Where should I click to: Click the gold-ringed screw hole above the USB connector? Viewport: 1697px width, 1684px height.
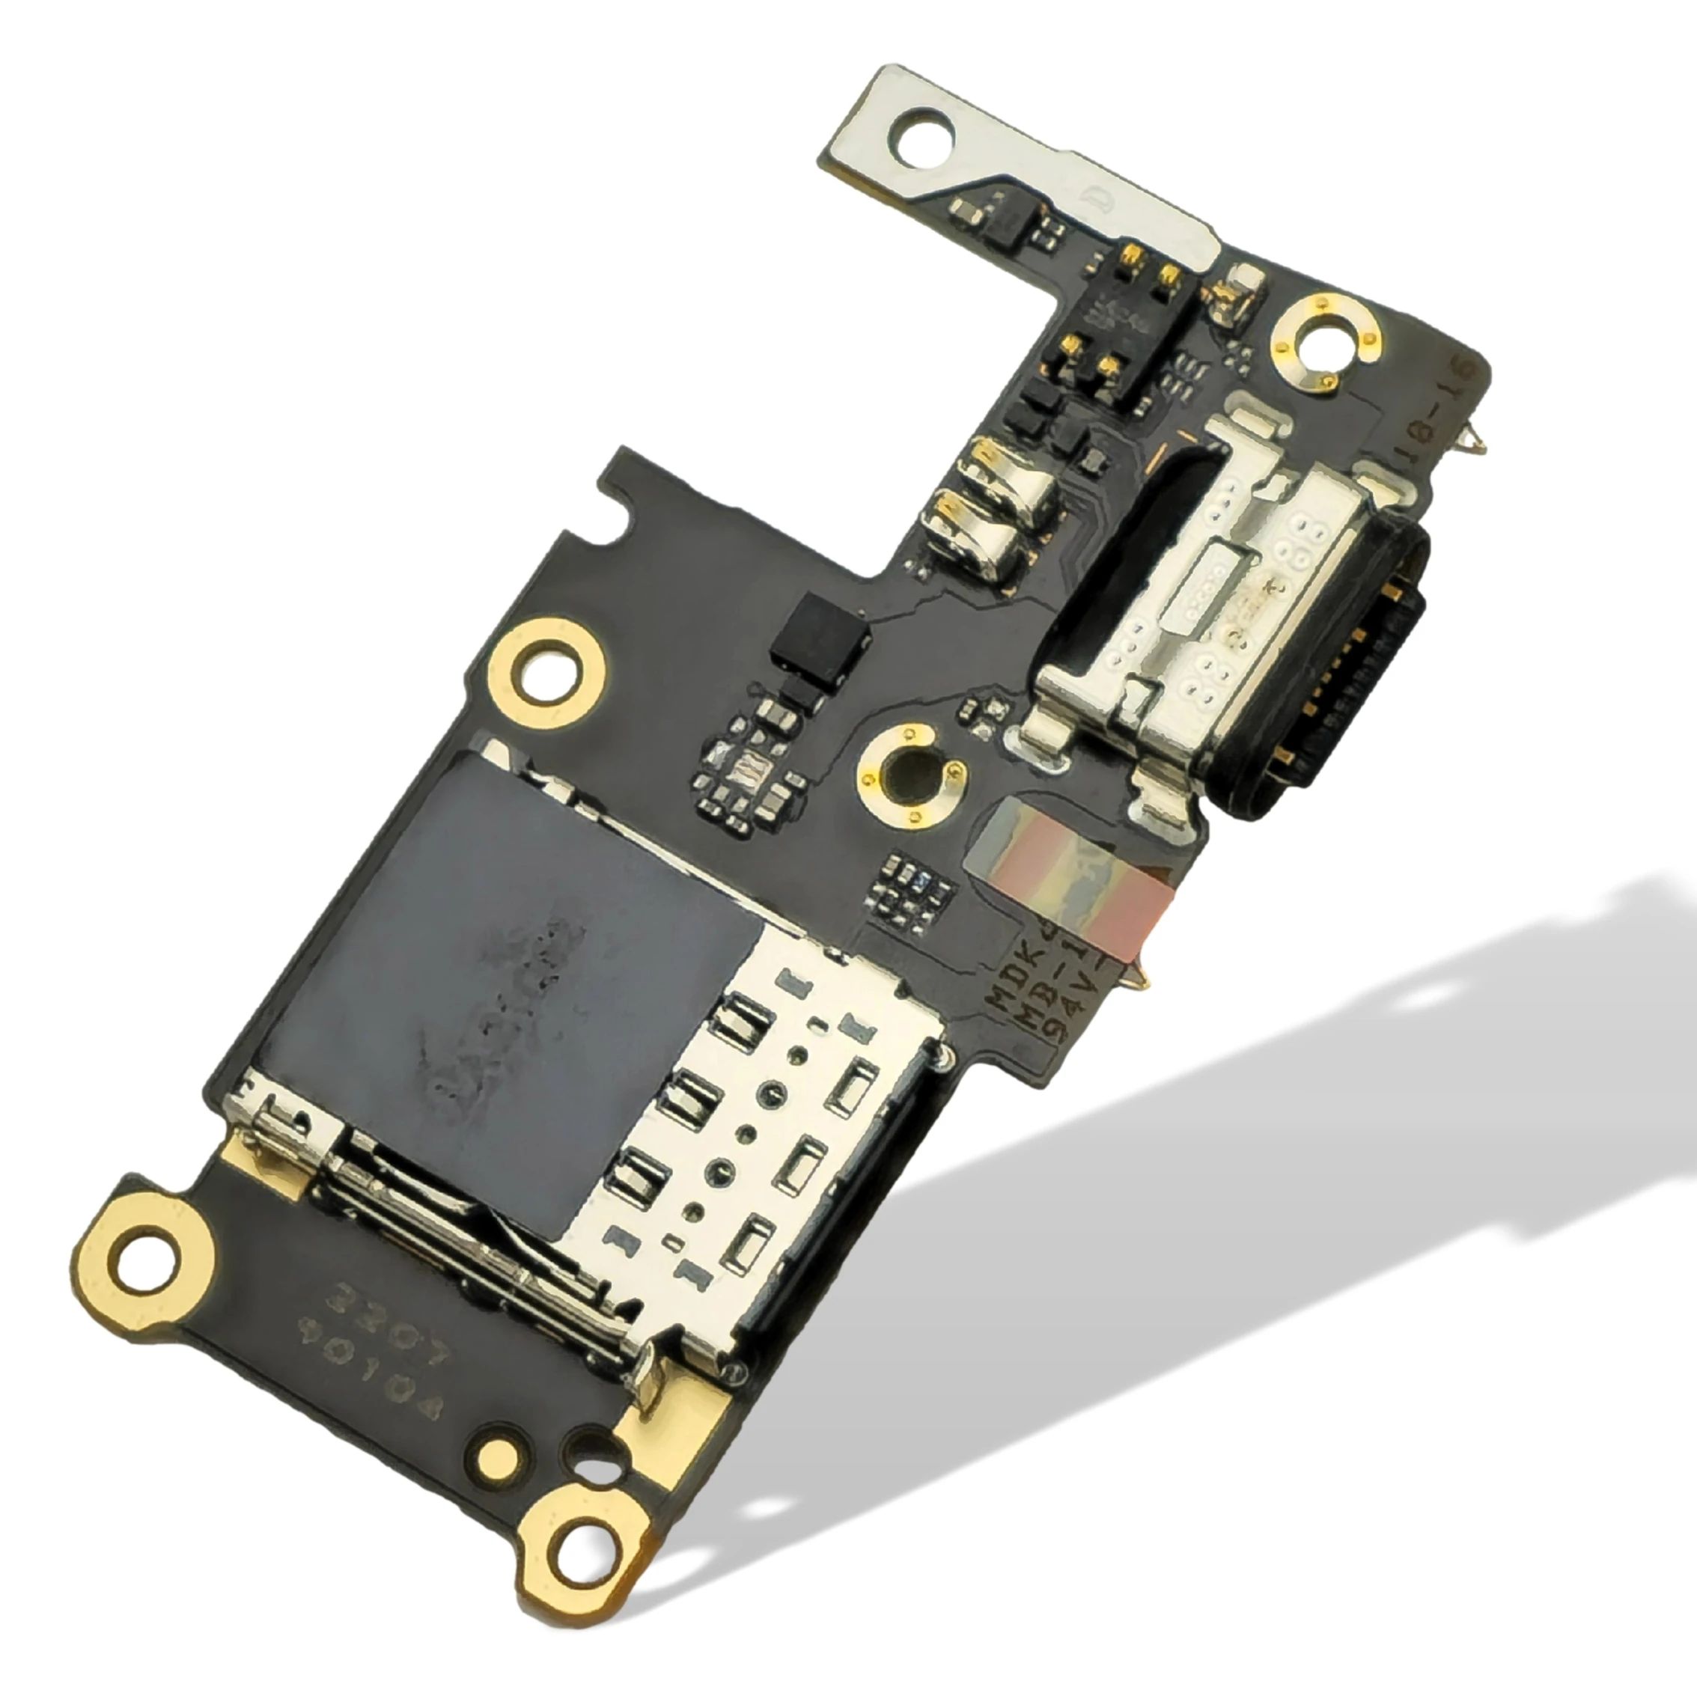coord(1324,341)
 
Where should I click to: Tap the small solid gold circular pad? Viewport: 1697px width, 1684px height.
coord(498,1456)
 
